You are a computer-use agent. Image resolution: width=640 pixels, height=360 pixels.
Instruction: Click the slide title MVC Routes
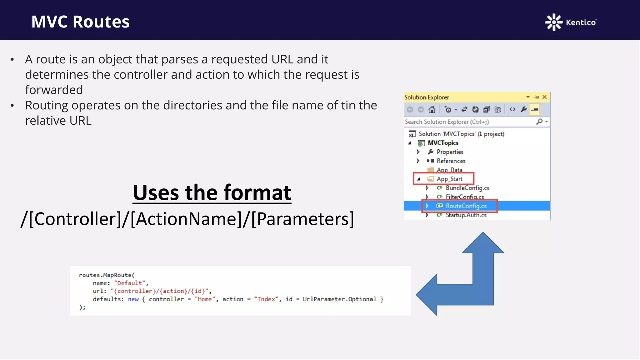click(x=80, y=22)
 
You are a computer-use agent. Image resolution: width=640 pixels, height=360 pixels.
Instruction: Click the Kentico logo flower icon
click(x=553, y=22)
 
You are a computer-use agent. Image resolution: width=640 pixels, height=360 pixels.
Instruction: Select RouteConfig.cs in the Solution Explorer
click(x=466, y=206)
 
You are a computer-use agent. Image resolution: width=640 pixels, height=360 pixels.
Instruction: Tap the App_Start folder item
click(x=449, y=179)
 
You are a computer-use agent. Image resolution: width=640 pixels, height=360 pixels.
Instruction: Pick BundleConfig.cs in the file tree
click(x=467, y=188)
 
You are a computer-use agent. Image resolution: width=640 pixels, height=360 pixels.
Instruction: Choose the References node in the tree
click(x=451, y=161)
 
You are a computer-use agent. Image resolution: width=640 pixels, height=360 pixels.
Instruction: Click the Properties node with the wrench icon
click(x=450, y=152)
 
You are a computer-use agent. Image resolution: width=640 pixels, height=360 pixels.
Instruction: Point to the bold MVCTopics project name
click(x=443, y=143)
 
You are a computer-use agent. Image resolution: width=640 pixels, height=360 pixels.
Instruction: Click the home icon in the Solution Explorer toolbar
click(x=432, y=109)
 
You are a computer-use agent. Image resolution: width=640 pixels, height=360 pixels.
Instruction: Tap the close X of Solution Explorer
click(x=545, y=97)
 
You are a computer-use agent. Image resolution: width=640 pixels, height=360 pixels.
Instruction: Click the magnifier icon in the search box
click(x=539, y=122)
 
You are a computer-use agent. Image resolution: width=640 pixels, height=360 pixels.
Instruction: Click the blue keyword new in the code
click(x=133, y=299)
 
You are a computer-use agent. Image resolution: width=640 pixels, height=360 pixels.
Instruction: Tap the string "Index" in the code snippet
click(x=266, y=299)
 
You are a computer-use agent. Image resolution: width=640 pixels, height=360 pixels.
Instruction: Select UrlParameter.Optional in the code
click(x=339, y=299)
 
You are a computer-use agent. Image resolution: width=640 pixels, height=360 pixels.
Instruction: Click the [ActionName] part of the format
click(x=187, y=219)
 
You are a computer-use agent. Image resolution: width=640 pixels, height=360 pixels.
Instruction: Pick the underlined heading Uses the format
click(x=212, y=192)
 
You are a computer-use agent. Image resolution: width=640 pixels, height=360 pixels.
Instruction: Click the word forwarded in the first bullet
click(x=54, y=90)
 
